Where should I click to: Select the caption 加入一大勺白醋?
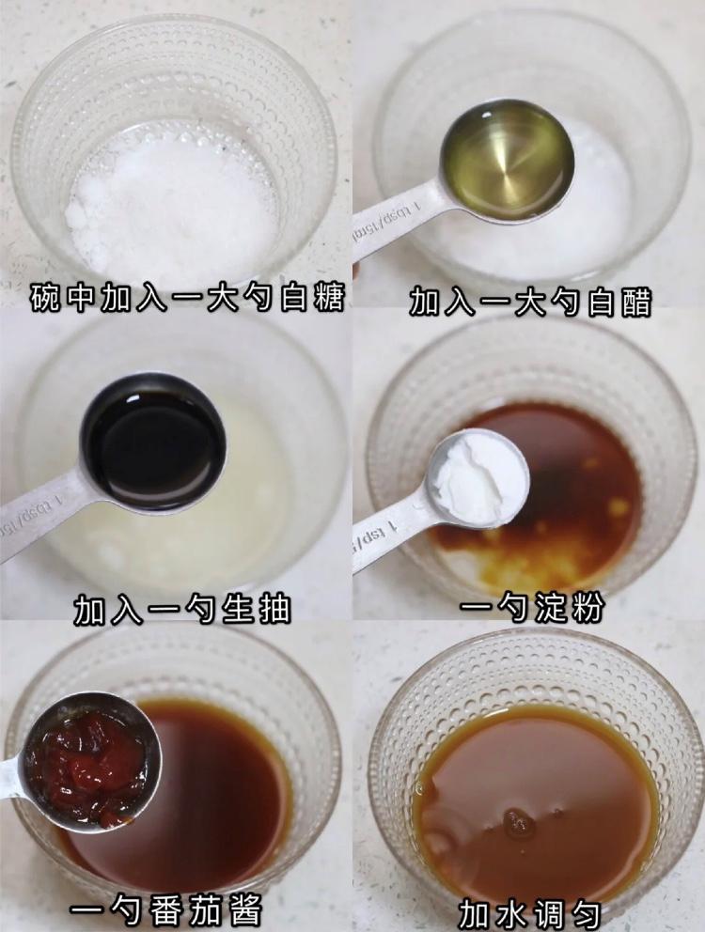click(x=529, y=301)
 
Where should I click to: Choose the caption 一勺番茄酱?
click(x=165, y=909)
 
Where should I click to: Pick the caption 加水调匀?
click(x=529, y=911)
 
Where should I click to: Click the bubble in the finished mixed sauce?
click(x=517, y=823)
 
